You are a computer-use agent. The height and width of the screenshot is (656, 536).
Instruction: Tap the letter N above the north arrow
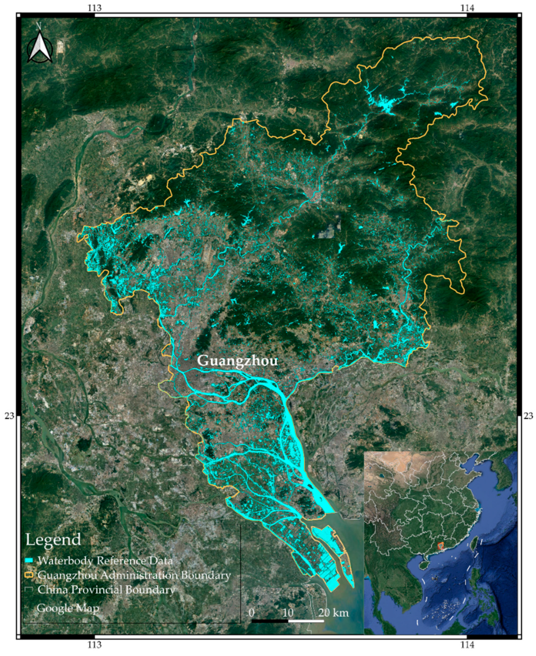tap(39, 26)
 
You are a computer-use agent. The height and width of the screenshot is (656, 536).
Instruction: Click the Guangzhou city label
tap(237, 361)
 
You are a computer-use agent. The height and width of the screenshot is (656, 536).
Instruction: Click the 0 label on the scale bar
tap(252, 612)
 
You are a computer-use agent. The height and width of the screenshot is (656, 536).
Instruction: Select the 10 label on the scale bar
tap(288, 612)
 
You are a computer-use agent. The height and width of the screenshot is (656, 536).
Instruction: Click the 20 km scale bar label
tap(334, 612)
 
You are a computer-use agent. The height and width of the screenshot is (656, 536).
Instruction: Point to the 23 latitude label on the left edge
tap(9, 416)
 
